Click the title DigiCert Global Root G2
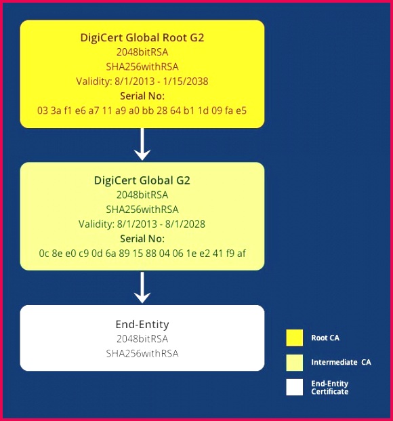coord(142,37)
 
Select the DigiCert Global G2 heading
coord(142,180)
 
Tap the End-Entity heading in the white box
coord(142,324)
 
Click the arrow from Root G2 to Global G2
coord(142,144)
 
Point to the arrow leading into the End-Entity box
coord(142,287)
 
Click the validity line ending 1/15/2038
coord(142,81)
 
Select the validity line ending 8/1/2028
coord(142,224)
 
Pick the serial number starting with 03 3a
coord(142,111)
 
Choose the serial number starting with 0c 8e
coord(142,253)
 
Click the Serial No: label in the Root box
coord(142,96)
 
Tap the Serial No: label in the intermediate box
coord(142,239)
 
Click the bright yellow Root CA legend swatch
coord(295,338)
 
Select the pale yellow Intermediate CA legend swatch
coord(295,363)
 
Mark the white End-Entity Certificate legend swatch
coord(295,387)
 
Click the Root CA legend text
coord(325,338)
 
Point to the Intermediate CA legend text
coord(342,363)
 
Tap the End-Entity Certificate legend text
coord(330,387)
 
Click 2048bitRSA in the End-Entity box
coord(142,339)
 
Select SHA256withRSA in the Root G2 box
coord(142,66)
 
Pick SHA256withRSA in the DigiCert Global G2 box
coord(142,209)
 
